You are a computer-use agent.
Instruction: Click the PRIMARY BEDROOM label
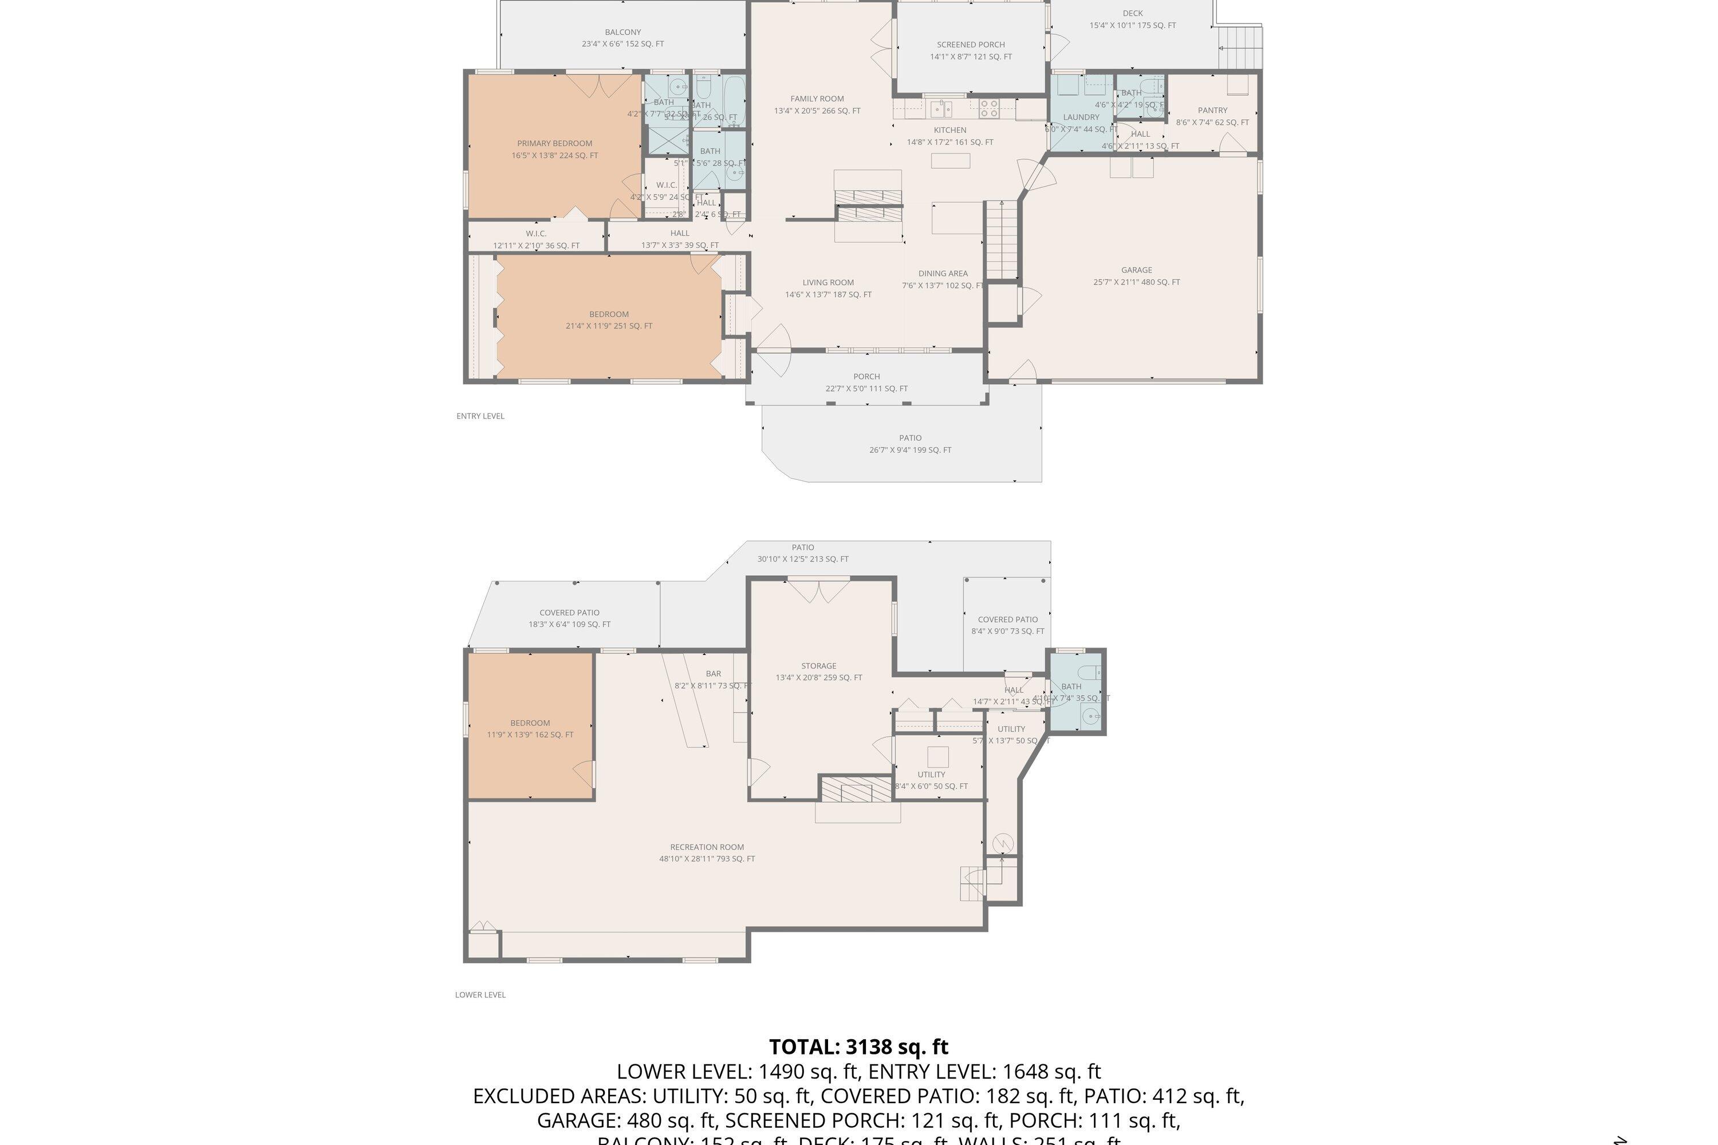[x=554, y=144]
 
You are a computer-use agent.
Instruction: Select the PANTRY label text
[x=1212, y=111]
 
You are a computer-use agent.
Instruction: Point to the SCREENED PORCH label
[x=971, y=45]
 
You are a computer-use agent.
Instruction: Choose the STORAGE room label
[x=818, y=666]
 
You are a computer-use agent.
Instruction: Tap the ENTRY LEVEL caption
[x=480, y=416]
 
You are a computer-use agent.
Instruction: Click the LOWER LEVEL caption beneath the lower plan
[x=480, y=994]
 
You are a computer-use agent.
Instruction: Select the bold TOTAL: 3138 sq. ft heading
[x=858, y=1047]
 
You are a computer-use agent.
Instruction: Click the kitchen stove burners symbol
[x=989, y=109]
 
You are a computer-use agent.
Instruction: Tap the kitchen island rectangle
[x=949, y=161]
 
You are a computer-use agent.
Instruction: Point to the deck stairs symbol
[x=1240, y=48]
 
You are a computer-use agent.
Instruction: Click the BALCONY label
[x=622, y=32]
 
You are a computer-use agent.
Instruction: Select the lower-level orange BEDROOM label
[x=530, y=723]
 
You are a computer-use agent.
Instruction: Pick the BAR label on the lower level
[x=713, y=674]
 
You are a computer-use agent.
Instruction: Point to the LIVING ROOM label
[x=828, y=283]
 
